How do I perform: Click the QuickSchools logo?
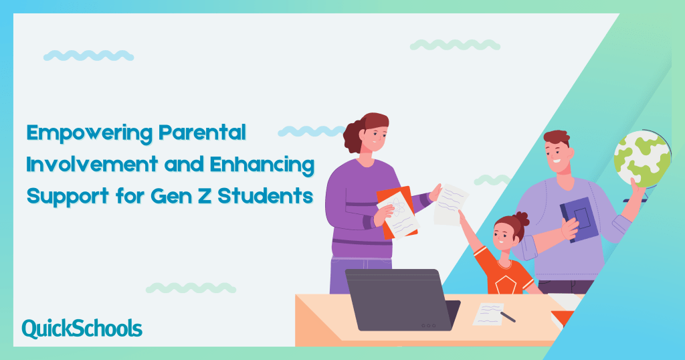(x=82, y=329)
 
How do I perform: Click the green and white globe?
(x=642, y=159)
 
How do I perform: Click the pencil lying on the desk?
(x=508, y=316)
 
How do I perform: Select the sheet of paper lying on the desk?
(x=488, y=313)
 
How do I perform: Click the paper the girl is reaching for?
(x=450, y=204)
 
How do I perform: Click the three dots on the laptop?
(x=428, y=325)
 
